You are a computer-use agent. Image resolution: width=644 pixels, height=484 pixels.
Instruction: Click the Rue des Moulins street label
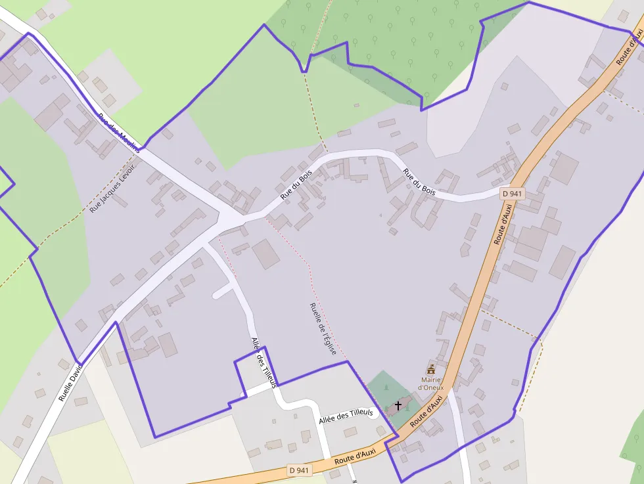pyautogui.click(x=119, y=133)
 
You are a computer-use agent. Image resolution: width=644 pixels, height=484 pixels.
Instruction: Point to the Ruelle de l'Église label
pyautogui.click(x=323, y=328)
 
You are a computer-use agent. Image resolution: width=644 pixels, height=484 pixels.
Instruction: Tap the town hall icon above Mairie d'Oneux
pyautogui.click(x=431, y=370)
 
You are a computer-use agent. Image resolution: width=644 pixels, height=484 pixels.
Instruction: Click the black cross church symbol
pyautogui.click(x=398, y=406)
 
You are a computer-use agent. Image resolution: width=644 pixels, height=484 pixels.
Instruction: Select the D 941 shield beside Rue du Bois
pyautogui.click(x=512, y=193)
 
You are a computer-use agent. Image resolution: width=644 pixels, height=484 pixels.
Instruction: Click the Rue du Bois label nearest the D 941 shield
pyautogui.click(x=419, y=182)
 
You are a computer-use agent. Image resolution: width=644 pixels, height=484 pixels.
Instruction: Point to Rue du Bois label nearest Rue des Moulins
pyautogui.click(x=295, y=185)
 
